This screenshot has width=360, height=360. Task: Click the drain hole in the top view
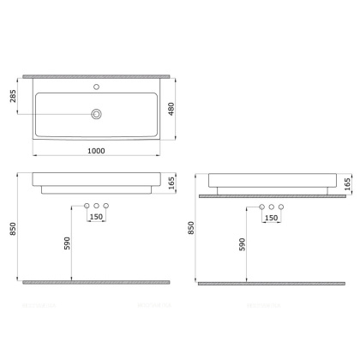coord(97,113)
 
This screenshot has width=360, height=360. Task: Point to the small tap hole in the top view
coord(97,88)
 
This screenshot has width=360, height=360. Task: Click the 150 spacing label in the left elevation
coord(97,218)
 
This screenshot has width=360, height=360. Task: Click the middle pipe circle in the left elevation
coord(97,206)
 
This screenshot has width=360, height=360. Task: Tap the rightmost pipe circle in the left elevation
coord(107,206)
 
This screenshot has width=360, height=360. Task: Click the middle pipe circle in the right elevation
coord(272,207)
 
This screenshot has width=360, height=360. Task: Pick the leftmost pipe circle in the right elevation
coord(261,207)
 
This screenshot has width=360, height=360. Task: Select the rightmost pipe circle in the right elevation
coord(282,207)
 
